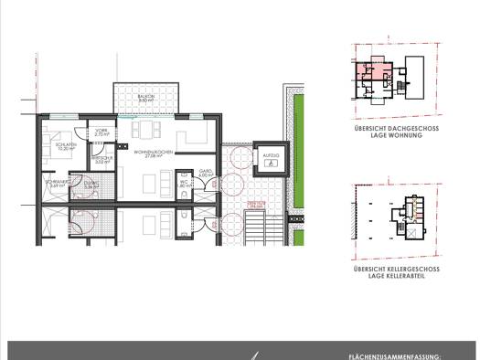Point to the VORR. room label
tap(101, 132)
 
